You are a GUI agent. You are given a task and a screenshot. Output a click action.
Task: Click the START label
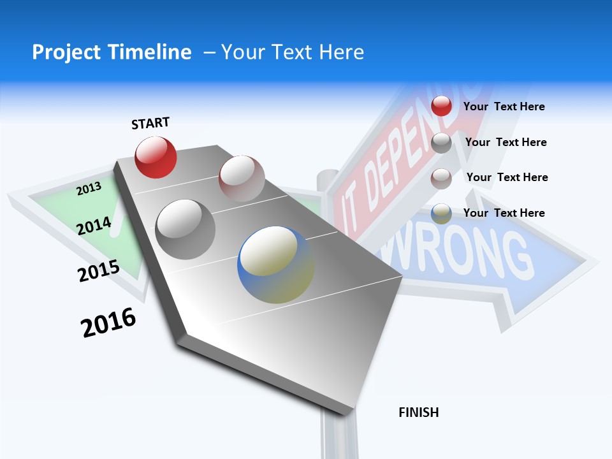coord(150,123)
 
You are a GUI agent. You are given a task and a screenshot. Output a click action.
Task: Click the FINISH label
coord(418,412)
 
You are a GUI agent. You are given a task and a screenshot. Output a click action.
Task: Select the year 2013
coord(89,188)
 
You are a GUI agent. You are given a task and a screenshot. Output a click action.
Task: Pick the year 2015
coord(98,271)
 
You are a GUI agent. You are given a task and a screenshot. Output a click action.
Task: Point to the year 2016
coord(108,323)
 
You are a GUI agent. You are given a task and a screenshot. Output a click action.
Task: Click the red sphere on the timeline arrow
coord(156,157)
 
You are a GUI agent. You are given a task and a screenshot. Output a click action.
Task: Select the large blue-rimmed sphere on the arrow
coord(275,265)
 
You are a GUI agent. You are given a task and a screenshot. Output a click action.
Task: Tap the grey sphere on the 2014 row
coord(185,229)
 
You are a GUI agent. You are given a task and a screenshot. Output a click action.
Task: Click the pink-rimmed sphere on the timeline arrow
coord(241,178)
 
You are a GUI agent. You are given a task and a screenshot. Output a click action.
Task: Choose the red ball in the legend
coord(441,106)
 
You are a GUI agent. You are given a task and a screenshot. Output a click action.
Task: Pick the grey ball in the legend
coord(441,143)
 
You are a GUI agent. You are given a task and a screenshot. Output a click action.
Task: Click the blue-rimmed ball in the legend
coord(441,214)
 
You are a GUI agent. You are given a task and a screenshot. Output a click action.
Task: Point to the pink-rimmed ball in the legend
coord(441,178)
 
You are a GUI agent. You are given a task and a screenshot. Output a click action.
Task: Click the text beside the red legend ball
coord(504,106)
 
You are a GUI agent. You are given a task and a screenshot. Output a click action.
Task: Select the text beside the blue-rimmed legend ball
coord(504,213)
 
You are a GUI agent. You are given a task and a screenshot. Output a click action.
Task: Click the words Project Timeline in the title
coord(112,52)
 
